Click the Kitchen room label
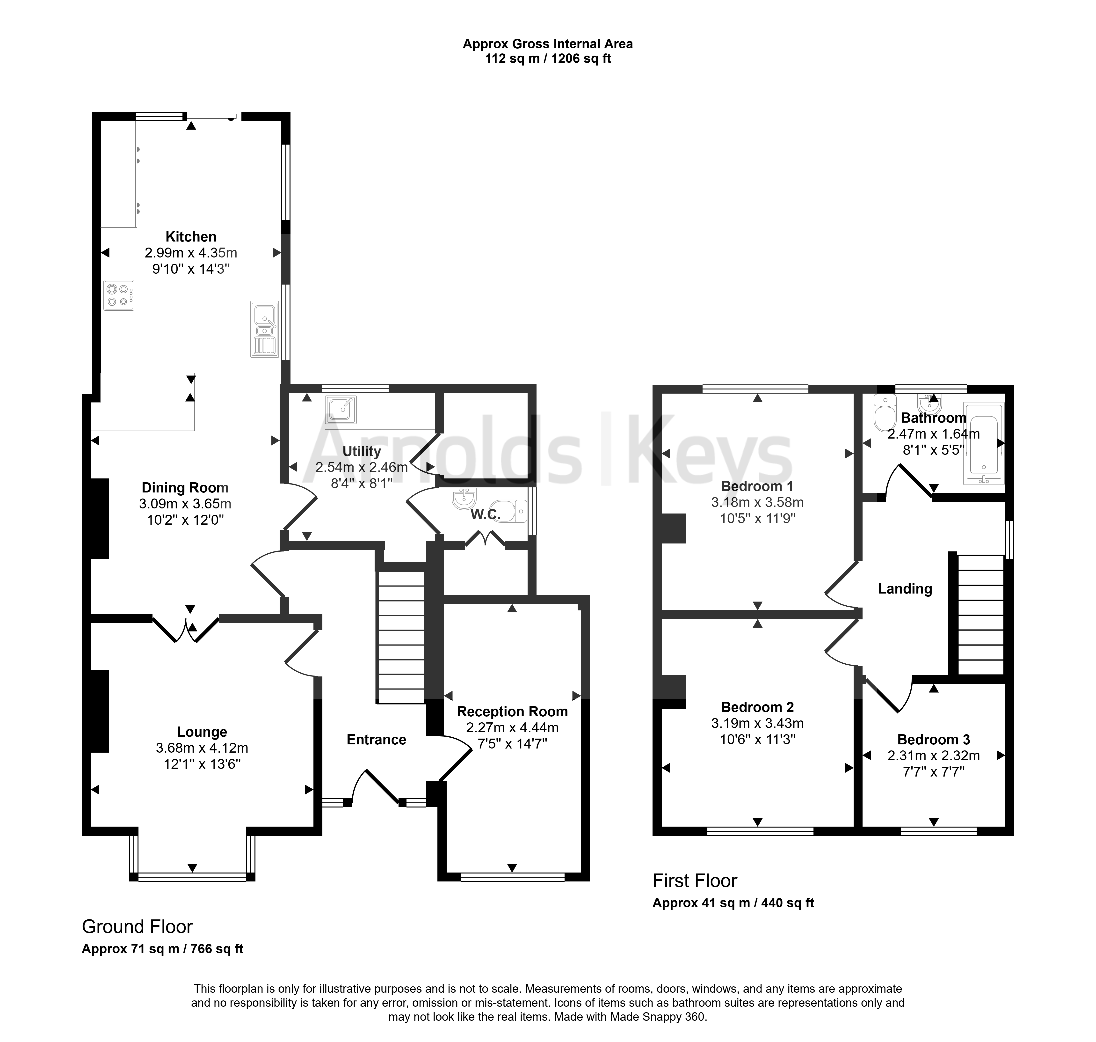click(191, 237)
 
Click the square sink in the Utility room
click(341, 409)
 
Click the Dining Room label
click(185, 488)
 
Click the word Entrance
click(377, 739)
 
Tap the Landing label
click(905, 589)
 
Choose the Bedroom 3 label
click(934, 739)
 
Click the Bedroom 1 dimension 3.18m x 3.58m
click(757, 502)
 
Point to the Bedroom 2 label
click(757, 707)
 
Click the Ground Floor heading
click(137, 926)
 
